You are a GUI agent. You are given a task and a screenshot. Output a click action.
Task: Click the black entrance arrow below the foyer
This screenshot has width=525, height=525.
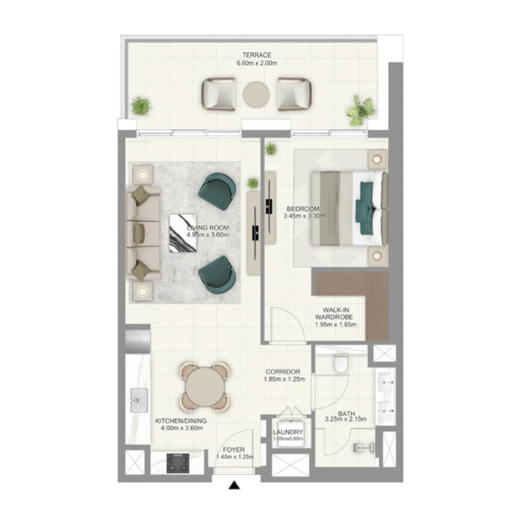(234, 485)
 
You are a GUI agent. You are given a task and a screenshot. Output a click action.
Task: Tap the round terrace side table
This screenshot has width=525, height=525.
(256, 94)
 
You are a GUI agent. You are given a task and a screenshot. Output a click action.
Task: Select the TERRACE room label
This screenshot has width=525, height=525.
(257, 55)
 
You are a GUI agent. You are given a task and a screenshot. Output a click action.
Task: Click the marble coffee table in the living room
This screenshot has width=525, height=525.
(183, 233)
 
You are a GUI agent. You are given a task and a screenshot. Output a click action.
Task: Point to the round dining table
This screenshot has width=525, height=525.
(205, 386)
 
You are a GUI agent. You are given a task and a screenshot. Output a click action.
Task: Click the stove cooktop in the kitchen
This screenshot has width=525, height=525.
(178, 463)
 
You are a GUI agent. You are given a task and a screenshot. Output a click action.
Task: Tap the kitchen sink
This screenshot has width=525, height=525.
(139, 400)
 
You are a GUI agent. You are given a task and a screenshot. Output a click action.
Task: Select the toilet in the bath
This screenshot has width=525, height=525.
(341, 363)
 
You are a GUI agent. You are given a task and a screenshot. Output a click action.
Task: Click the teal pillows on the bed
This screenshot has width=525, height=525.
(365, 208)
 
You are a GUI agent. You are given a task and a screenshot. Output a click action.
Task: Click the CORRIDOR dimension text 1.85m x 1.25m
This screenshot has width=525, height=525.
(284, 379)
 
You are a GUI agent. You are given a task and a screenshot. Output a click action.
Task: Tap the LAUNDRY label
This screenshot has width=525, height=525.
(288, 432)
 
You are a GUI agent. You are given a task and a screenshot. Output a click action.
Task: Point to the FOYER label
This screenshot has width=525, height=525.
(233, 450)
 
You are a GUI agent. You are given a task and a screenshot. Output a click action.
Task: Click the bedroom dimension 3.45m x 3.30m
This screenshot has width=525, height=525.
(304, 216)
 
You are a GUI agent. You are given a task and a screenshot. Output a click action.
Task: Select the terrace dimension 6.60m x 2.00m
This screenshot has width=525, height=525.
(257, 63)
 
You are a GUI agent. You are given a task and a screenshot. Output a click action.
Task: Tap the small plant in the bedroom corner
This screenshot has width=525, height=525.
(270, 149)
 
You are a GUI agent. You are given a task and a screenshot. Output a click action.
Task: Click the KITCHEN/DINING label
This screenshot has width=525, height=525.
(181, 421)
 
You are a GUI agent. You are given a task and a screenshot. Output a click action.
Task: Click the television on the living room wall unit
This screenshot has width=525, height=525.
(255, 232)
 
